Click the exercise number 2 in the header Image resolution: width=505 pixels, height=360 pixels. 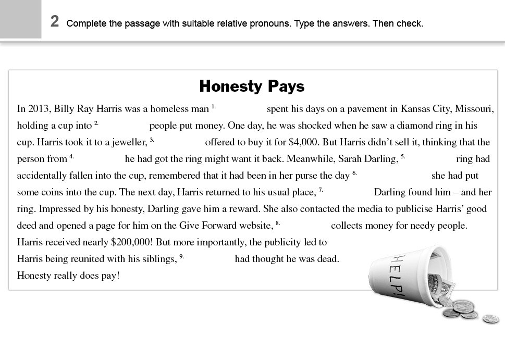tap(55, 21)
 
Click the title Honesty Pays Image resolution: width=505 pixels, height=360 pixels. tap(252, 86)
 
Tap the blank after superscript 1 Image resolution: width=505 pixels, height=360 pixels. tap(241, 109)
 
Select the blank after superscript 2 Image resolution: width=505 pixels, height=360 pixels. tap(124, 126)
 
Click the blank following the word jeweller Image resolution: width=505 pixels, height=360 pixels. tap(179, 142)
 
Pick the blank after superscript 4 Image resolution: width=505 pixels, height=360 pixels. tap(100, 159)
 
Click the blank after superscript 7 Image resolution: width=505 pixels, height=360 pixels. tap(348, 192)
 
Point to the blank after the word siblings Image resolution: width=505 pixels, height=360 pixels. tap(210, 259)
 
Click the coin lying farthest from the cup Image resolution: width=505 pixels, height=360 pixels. tap(490, 319)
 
